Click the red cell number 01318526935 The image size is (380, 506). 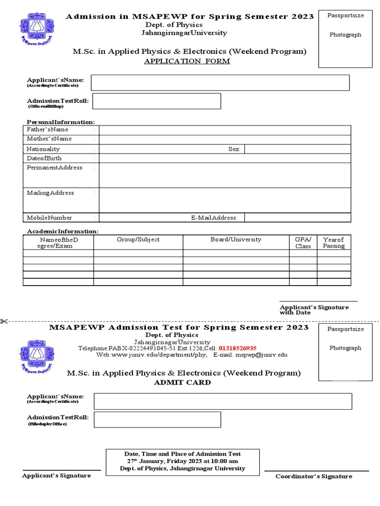[237, 348]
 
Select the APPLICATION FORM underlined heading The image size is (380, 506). [187, 61]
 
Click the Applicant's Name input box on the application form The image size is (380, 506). [220, 83]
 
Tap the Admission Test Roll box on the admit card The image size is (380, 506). [157, 420]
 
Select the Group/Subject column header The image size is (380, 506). [138, 239]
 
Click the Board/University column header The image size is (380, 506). [236, 239]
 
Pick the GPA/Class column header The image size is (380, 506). [303, 242]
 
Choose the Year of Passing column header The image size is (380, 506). [333, 242]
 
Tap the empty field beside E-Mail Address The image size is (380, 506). [297, 217]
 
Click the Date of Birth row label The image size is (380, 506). [44, 158]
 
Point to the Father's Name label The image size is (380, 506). [47, 129]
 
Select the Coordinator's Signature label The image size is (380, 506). [314, 476]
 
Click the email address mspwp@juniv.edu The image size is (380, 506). [261, 355]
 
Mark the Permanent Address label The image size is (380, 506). [54, 168]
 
